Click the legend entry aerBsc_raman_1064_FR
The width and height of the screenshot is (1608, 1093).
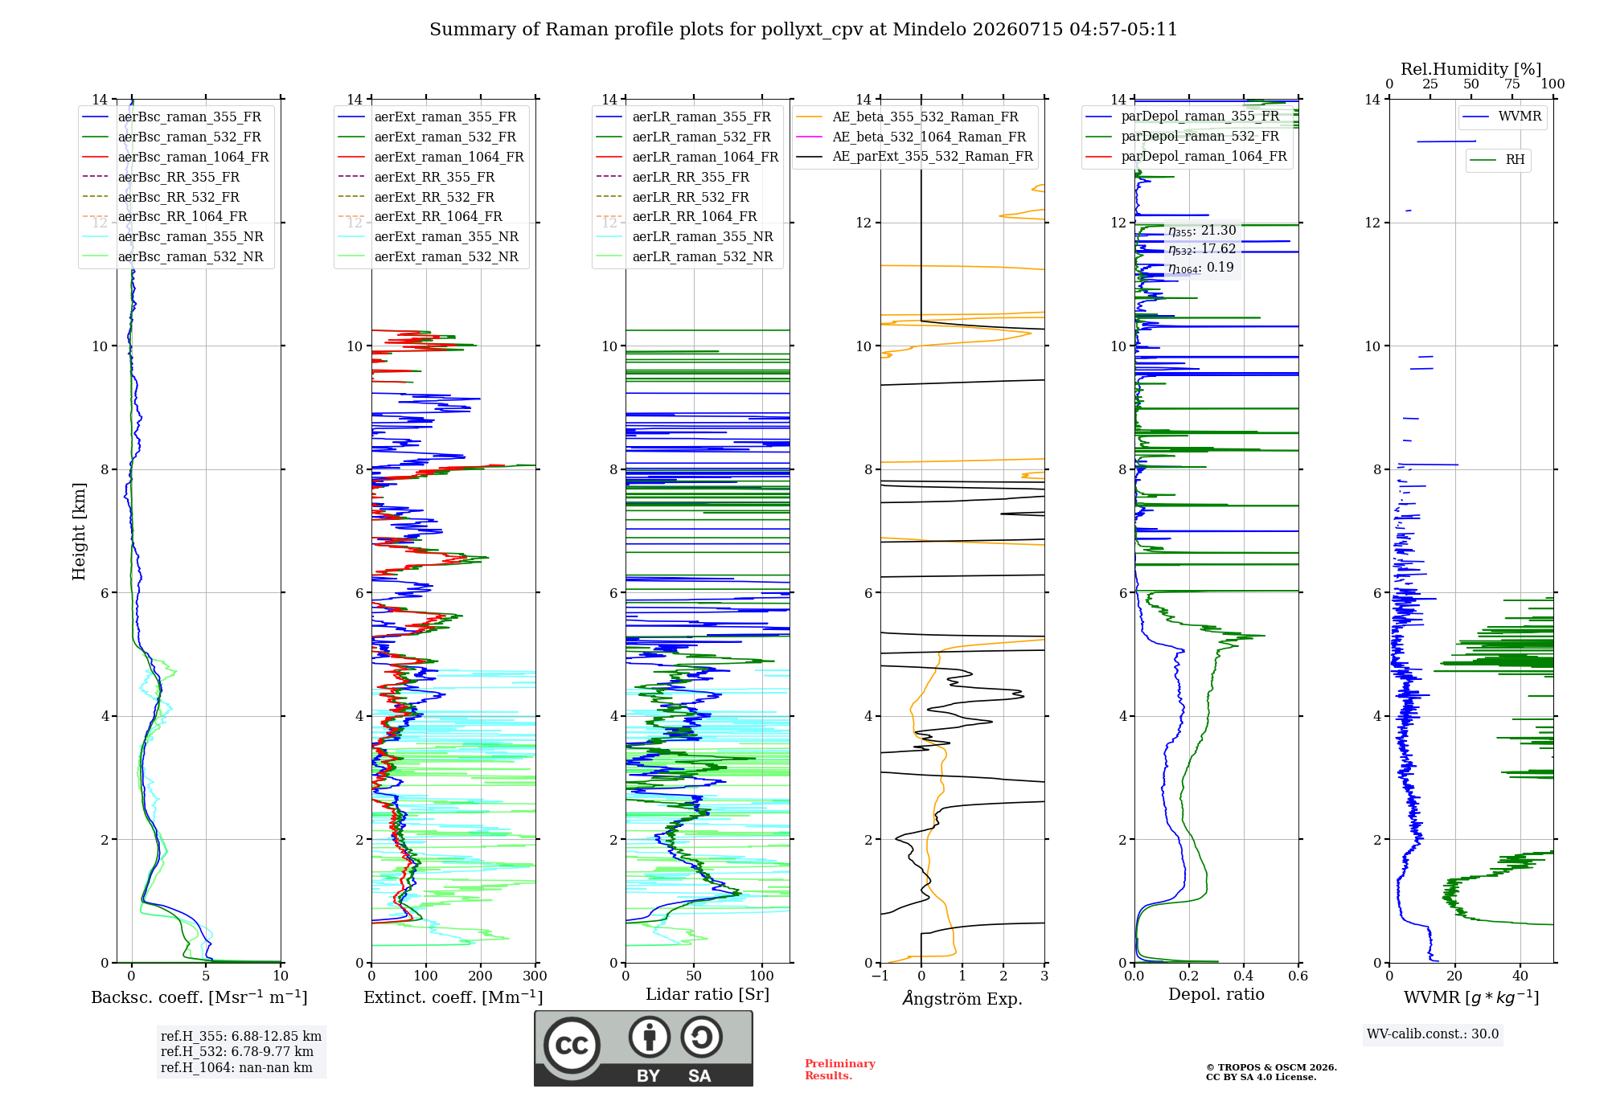(193, 157)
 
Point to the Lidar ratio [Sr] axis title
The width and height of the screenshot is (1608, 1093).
(708, 994)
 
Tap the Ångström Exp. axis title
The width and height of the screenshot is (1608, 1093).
(962, 998)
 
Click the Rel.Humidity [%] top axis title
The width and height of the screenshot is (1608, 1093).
(1471, 69)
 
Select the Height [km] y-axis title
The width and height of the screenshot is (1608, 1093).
(79, 531)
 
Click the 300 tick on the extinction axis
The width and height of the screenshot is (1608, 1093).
(535, 976)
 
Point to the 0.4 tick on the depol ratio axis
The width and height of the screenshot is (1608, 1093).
(1244, 976)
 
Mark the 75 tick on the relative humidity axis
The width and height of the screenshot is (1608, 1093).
(1512, 84)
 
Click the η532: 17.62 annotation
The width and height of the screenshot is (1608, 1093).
(1202, 249)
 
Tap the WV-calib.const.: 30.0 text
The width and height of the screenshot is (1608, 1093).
(1433, 1034)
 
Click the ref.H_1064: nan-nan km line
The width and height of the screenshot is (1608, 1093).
(236, 1067)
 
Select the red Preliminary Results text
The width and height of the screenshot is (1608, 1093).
(840, 1070)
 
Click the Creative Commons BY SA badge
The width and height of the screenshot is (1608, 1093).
(643, 1048)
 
